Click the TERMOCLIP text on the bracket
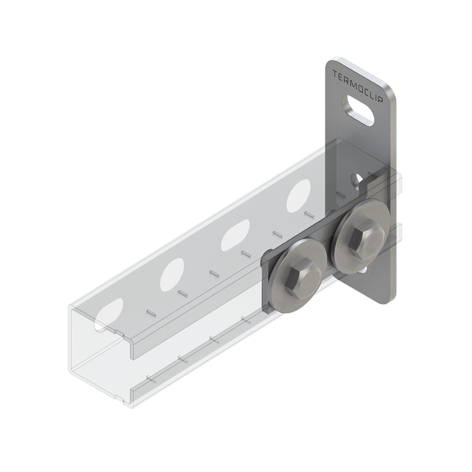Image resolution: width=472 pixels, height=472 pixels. coord(358,86)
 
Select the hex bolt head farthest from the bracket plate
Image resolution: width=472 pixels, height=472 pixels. coord(299,272)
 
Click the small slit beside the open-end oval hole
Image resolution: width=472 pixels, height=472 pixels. coord(150,312)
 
